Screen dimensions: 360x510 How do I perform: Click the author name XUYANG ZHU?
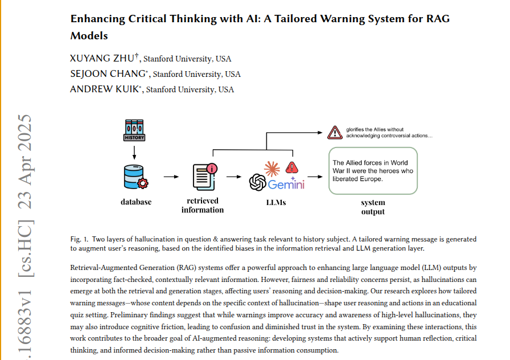(103, 59)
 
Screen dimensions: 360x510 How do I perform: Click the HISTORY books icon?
(134, 130)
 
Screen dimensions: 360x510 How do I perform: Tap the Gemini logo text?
(286, 185)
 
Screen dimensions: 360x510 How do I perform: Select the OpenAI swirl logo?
(258, 183)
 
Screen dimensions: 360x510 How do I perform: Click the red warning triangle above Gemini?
(292, 167)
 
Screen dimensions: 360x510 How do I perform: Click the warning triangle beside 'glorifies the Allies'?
(334, 133)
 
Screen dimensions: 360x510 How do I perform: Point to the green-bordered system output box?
(373, 170)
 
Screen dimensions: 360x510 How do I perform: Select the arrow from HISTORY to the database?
(134, 152)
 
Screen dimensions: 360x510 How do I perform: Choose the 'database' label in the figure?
(136, 202)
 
